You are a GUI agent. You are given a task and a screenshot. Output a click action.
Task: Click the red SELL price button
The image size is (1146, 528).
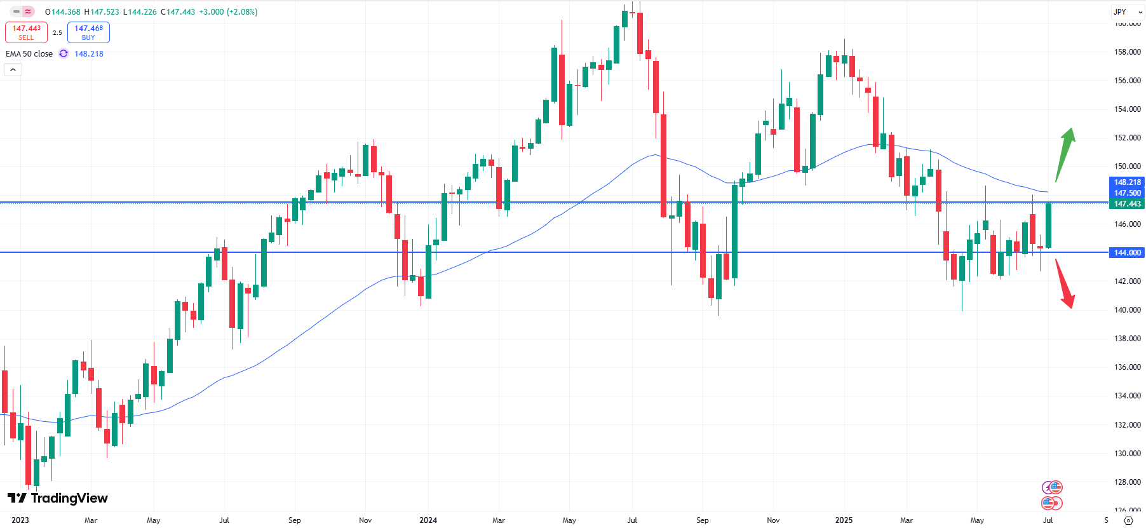click(x=26, y=32)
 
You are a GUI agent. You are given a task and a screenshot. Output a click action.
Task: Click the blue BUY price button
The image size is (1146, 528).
click(x=88, y=32)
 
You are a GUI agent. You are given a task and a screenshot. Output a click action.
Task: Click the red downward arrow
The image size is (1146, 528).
click(x=1065, y=283)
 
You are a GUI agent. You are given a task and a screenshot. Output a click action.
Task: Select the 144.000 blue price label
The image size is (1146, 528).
click(x=1127, y=253)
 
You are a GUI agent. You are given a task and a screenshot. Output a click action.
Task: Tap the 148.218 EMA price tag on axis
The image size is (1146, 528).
click(x=1127, y=182)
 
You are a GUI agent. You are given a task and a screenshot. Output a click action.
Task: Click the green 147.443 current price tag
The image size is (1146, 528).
click(x=1127, y=204)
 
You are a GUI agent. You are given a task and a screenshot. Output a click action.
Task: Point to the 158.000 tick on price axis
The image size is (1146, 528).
click(x=1127, y=52)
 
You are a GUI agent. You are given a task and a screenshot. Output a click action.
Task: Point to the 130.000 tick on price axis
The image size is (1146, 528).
click(x=1127, y=454)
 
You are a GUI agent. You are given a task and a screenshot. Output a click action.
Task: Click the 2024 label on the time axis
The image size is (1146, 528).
click(x=428, y=520)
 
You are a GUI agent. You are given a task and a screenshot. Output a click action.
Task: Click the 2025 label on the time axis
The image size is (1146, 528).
click(x=844, y=520)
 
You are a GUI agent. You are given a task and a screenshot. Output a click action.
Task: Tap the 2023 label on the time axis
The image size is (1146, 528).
click(x=20, y=520)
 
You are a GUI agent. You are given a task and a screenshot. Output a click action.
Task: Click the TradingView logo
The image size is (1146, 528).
click(x=58, y=498)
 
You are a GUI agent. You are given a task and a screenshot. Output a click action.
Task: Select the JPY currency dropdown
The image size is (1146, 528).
click(x=1127, y=11)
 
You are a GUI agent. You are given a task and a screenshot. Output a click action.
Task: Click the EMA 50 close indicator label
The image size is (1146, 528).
click(x=29, y=54)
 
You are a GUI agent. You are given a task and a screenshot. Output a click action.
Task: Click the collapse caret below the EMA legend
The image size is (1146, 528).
click(x=13, y=69)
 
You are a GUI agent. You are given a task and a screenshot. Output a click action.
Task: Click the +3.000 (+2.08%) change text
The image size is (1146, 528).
click(x=228, y=12)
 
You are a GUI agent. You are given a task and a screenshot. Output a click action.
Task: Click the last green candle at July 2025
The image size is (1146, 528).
click(x=1048, y=226)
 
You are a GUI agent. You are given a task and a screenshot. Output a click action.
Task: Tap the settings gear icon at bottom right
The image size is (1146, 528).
click(x=1128, y=520)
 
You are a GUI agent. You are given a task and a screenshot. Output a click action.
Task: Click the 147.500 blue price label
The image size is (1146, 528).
click(x=1127, y=193)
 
